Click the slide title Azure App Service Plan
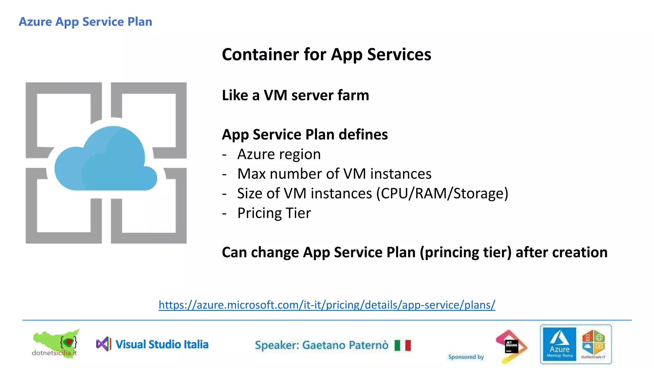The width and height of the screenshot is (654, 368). click(85, 22)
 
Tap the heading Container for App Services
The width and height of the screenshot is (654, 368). click(326, 54)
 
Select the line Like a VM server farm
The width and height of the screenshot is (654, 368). click(295, 95)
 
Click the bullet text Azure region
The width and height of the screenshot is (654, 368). click(279, 154)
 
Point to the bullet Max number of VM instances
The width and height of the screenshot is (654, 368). click(334, 174)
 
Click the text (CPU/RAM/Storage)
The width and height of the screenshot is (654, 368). click(442, 194)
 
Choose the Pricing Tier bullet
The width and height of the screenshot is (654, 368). click(274, 213)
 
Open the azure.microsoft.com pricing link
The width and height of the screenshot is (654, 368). click(327, 305)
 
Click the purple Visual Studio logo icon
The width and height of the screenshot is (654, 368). click(103, 344)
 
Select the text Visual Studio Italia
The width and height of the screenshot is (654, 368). click(162, 344)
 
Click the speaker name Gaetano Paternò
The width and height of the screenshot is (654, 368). click(345, 345)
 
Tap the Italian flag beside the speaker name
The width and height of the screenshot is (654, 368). click(402, 345)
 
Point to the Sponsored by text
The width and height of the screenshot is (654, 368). click(466, 357)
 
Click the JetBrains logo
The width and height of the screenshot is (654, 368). click(511, 346)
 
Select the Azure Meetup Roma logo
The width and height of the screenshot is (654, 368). click(559, 344)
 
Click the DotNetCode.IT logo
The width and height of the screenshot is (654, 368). click(593, 344)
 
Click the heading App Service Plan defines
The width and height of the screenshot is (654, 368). click(305, 134)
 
